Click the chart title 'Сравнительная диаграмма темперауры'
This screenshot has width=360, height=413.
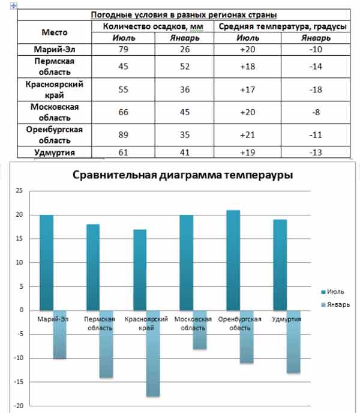tap(183, 175)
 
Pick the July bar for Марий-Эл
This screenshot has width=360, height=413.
tap(46, 262)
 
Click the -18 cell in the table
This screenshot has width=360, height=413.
tap(315, 90)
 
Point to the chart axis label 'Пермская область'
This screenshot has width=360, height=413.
tap(100, 324)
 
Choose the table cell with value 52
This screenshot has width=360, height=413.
tap(185, 67)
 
